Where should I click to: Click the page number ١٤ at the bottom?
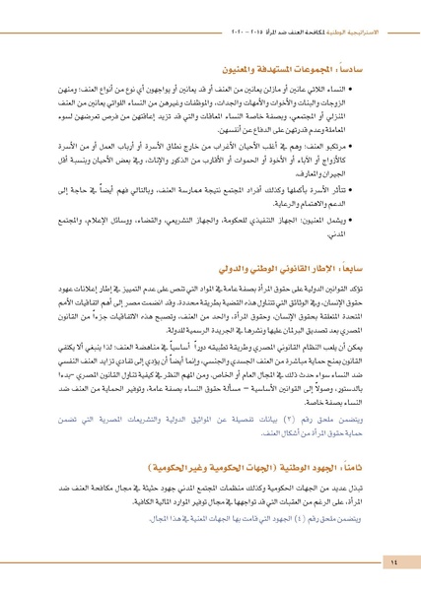392,561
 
